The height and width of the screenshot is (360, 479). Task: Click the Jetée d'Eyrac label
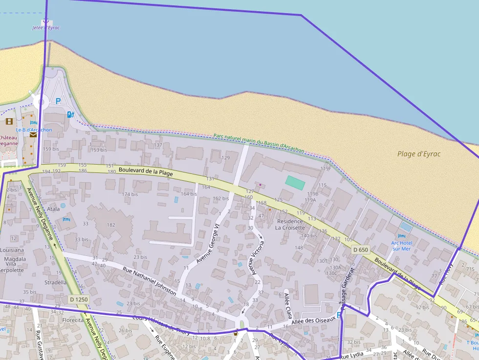[46, 28]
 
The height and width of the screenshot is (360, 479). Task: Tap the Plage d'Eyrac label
[418, 154]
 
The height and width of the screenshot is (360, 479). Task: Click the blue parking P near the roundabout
[58, 101]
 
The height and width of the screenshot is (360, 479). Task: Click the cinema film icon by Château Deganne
[9, 121]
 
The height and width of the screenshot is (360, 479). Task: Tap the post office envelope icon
[33, 135]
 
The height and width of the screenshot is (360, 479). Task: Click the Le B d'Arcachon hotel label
[34, 130]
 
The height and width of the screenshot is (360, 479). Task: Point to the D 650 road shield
[360, 250]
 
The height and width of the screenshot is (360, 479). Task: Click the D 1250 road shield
[79, 299]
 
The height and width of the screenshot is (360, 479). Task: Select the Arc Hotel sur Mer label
[401, 246]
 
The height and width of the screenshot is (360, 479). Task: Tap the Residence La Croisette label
[290, 224]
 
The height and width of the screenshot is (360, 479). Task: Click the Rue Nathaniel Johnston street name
[149, 282]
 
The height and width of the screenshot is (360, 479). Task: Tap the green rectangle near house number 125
[295, 183]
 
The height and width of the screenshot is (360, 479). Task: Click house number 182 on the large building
[111, 225]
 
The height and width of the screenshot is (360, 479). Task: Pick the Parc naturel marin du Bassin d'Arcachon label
[259, 143]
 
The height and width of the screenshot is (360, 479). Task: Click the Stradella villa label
[55, 282]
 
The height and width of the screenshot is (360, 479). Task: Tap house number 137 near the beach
[158, 145]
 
